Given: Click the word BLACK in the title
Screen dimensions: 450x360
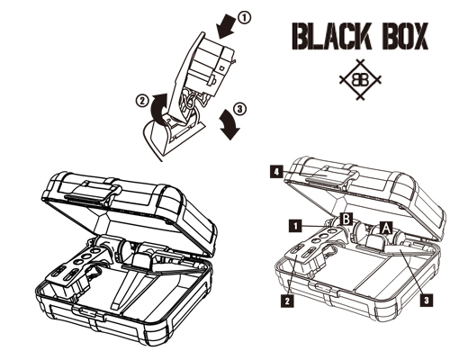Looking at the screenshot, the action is coord(331,36).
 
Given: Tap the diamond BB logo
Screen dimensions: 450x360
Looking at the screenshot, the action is coord(360,79).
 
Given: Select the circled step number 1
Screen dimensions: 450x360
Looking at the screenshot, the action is coord(244,18).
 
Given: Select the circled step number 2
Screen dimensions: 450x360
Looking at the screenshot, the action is coord(141,100).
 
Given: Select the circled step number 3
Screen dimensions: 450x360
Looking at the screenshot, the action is coord(239,109).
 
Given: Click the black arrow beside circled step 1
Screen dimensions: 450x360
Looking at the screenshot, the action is coord(226,27).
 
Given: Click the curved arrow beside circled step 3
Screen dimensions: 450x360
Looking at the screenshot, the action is coord(230,124).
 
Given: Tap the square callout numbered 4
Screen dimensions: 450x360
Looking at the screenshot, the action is coord(276,172).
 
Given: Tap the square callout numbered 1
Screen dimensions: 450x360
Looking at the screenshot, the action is coord(296,226).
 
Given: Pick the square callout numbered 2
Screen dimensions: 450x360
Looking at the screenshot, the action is coord(287,301).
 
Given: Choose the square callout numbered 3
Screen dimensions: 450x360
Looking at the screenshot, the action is coord(427,300).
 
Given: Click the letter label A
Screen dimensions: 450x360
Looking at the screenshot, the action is coord(386,228).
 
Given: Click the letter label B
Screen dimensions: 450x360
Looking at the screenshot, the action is coord(346,219).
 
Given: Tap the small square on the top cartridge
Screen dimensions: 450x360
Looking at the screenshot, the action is coord(221,67).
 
